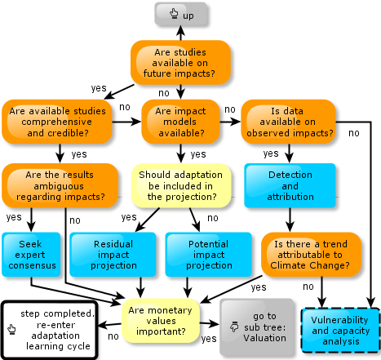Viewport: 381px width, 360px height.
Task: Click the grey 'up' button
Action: [x=181, y=14]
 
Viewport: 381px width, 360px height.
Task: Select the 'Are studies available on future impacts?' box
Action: [x=180, y=63]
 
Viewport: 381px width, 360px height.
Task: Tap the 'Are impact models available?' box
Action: [x=180, y=122]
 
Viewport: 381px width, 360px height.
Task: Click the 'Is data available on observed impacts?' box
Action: [x=289, y=122]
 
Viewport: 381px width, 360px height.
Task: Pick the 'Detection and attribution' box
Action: [x=290, y=185]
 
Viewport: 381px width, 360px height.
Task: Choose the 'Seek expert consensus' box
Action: [x=31, y=255]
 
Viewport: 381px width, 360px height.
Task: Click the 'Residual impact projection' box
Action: [x=113, y=255]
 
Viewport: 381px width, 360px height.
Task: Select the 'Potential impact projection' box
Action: [x=209, y=255]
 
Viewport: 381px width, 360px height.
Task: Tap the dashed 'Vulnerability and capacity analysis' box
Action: [x=341, y=331]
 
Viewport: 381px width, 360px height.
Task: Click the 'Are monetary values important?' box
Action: [x=161, y=321]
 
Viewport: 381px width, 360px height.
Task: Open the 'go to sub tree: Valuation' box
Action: [x=257, y=327]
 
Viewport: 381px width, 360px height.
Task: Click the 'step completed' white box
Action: [x=50, y=330]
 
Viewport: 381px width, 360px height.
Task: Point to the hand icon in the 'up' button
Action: [x=174, y=13]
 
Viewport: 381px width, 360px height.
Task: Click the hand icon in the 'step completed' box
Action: [x=11, y=329]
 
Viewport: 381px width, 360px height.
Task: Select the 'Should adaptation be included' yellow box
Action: [x=181, y=185]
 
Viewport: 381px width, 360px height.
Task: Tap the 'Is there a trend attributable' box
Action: [x=311, y=255]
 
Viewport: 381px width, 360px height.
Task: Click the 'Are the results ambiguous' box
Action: [x=60, y=185]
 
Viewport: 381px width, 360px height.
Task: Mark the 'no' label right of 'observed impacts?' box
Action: [x=354, y=133]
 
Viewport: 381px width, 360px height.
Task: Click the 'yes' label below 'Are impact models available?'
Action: [x=198, y=154]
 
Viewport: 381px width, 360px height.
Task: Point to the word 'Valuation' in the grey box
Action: [x=264, y=338]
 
